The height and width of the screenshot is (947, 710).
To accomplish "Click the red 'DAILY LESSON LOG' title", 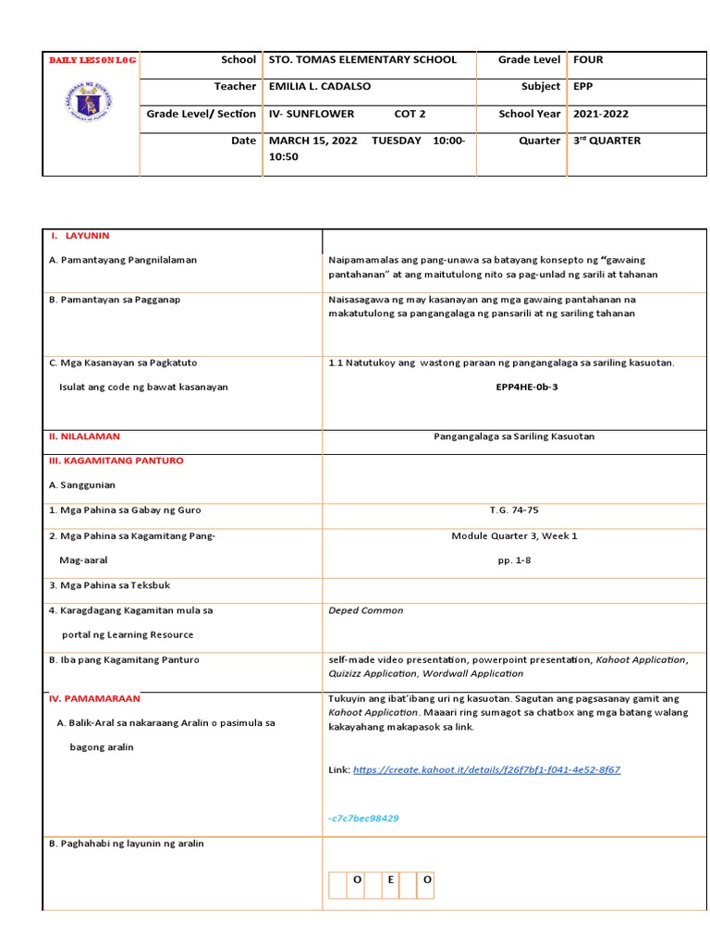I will pos(92,60).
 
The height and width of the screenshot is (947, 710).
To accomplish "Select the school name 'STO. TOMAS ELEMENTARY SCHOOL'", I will pos(361,60).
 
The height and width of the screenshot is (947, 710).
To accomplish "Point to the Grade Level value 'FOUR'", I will pos(588,60).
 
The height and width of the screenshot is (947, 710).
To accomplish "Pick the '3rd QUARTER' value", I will pos(606,141).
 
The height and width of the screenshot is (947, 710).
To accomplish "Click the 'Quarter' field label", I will pos(540,141).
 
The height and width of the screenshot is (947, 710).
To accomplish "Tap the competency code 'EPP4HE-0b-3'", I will pos(527,387).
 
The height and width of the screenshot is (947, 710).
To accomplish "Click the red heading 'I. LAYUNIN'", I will pos(86,236).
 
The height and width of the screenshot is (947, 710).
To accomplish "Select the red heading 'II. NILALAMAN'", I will pos(84,436).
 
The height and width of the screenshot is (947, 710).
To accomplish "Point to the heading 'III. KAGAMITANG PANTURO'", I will pos(116,461).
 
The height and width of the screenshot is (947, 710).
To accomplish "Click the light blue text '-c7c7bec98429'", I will pos(363,818).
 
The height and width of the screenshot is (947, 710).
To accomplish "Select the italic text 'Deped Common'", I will pos(365,610).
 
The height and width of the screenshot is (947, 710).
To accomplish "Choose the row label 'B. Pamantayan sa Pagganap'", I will pos(115,300).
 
